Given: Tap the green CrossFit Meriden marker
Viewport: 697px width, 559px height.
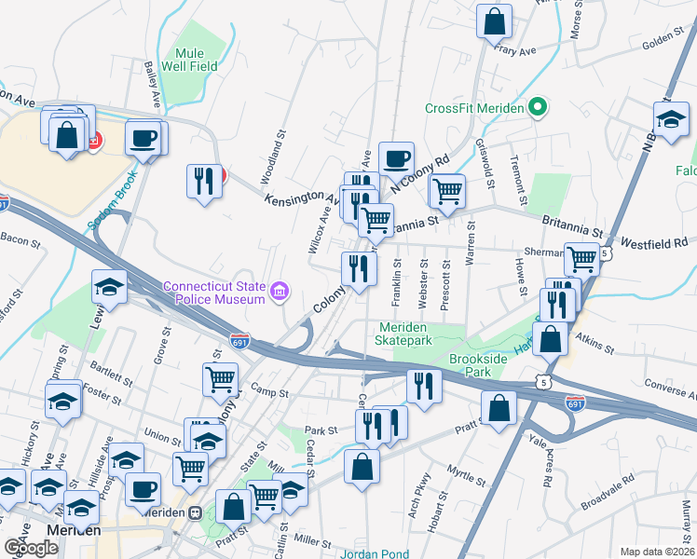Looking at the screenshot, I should [x=537, y=107].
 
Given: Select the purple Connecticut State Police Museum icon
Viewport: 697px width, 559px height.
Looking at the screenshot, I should [x=279, y=293].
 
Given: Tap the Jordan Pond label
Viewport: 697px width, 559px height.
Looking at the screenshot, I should [x=374, y=553].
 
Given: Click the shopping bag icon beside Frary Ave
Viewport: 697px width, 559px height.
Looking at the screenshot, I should [x=495, y=21].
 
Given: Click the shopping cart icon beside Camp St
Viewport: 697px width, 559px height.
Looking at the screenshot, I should [x=220, y=379].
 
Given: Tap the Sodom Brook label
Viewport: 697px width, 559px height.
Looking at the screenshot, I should [x=112, y=200].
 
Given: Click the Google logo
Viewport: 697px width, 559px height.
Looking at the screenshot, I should [x=31, y=547].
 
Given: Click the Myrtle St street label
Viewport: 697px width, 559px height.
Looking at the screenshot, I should [x=467, y=478].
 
